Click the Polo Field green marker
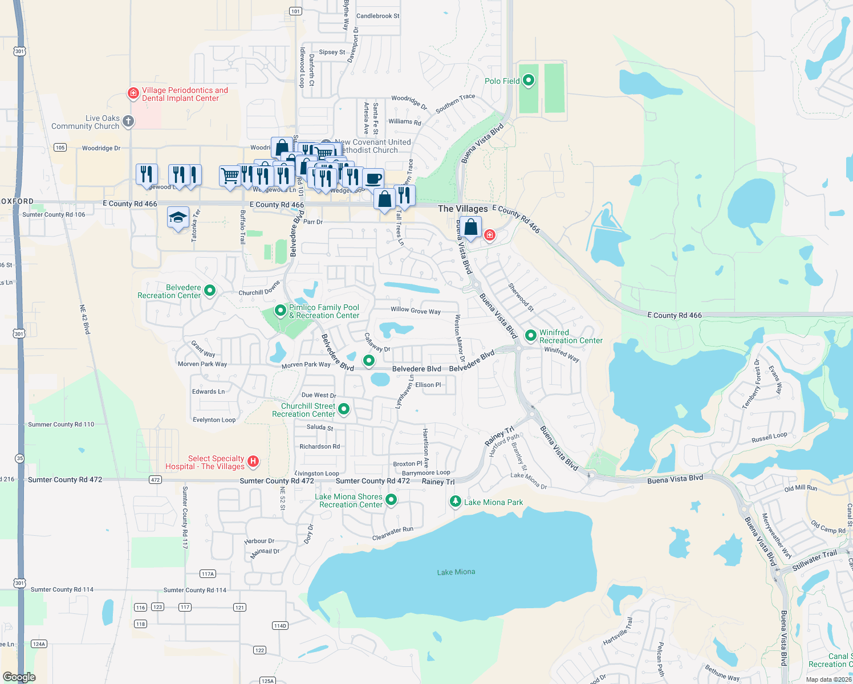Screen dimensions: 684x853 (x=529, y=80)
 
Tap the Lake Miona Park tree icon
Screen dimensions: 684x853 (x=455, y=502)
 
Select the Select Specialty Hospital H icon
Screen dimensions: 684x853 (x=253, y=462)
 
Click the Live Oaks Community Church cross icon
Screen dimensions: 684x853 (x=128, y=121)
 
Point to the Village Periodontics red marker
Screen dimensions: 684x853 (x=133, y=93)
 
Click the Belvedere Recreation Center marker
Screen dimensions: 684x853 (x=210, y=291)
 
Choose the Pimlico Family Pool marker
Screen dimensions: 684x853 (x=280, y=311)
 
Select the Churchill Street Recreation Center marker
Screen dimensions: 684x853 (x=344, y=409)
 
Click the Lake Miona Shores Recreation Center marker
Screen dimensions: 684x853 (x=391, y=500)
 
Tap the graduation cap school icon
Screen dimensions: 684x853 (x=178, y=218)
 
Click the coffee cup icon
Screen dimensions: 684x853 (x=373, y=178)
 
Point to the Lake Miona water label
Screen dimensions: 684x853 (x=456, y=572)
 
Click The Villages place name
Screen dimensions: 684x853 (x=462, y=209)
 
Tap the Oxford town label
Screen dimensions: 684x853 (x=17, y=201)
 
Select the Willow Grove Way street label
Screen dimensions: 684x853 (x=415, y=311)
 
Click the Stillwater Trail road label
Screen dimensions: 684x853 (x=814, y=560)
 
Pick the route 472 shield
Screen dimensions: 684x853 (x=155, y=480)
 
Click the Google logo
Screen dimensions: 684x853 (x=19, y=677)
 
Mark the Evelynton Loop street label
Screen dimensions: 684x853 (x=214, y=420)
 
